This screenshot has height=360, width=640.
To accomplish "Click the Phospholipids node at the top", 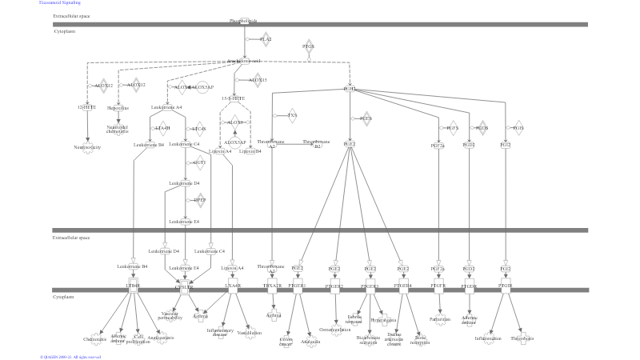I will click(243, 21).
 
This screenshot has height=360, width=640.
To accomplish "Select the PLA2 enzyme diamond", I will click(266, 39).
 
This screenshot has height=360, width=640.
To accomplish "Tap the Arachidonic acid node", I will click(243, 61).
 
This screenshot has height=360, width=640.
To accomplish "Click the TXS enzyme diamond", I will click(292, 116).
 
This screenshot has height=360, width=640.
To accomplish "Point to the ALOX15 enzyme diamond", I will click(258, 80).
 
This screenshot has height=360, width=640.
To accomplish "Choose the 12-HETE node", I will click(87, 106).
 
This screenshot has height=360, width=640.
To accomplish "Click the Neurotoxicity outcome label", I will click(87, 147).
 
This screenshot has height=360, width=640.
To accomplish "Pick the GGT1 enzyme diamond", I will click(199, 162).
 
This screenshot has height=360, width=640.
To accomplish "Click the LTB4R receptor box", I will click(133, 286).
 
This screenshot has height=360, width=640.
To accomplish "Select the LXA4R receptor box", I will click(233, 286).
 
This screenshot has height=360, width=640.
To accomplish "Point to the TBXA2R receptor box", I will click(272, 286).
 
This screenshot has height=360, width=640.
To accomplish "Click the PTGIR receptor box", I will click(505, 286).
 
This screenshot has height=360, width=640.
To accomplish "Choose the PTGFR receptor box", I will click(438, 286).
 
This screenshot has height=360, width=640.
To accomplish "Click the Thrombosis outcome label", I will click(522, 338).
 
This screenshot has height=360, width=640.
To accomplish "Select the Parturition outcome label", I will click(439, 318).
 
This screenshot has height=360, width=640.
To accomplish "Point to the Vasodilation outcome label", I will click(249, 333).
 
